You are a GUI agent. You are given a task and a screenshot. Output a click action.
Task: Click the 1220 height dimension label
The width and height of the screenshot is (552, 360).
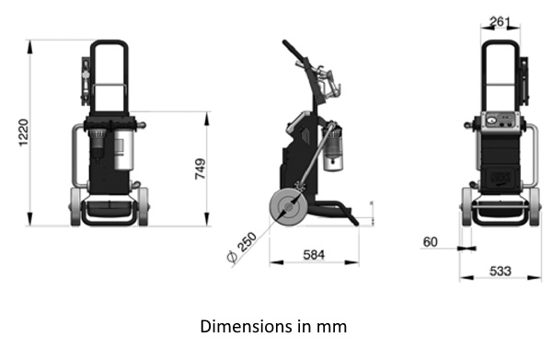pos(23,133)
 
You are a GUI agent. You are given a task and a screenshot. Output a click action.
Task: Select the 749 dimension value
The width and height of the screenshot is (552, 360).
pos(201,168)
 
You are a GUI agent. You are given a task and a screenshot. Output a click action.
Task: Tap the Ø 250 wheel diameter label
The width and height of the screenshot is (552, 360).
pos(242,247)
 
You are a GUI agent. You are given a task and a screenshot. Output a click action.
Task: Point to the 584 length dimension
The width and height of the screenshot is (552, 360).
pos(314,255)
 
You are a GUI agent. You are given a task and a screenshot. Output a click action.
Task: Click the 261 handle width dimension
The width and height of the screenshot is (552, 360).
pos(500,22)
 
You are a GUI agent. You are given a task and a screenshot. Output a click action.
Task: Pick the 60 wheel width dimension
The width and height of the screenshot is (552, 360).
pos(431,242)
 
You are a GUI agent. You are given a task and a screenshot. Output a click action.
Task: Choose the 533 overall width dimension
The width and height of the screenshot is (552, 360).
pos(500,272)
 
